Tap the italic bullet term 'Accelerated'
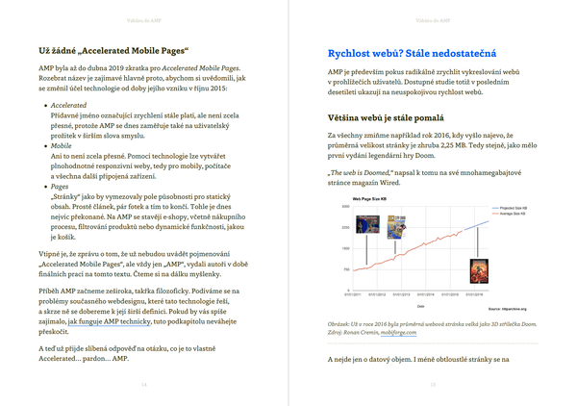tap(68, 105)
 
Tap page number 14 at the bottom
tap(144, 385)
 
